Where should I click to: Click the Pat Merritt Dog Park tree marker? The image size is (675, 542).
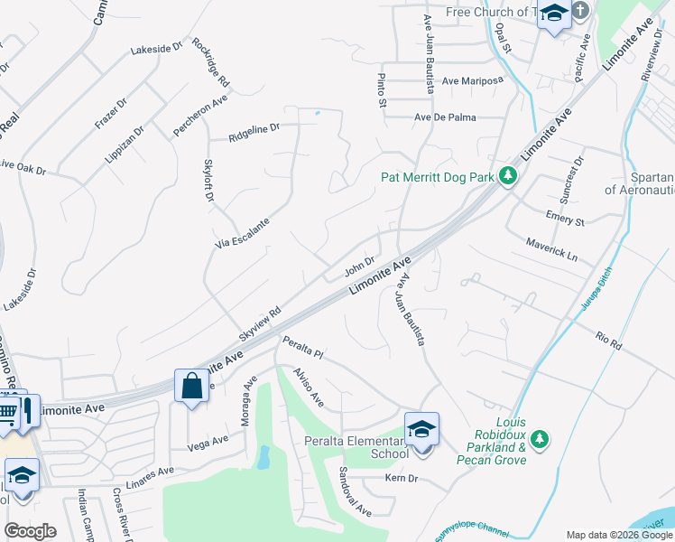[507, 177]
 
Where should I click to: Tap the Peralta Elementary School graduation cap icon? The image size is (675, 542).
[421, 429]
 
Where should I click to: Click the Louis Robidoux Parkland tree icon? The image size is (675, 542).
[540, 439]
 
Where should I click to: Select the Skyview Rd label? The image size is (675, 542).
[260, 322]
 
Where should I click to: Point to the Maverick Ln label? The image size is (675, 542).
[551, 249]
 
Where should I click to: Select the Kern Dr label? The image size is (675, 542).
[402, 478]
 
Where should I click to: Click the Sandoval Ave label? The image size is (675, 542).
[355, 491]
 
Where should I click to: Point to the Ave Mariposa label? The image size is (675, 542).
[471, 80]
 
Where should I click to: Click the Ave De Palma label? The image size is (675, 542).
[445, 117]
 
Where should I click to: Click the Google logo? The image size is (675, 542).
[31, 531]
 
